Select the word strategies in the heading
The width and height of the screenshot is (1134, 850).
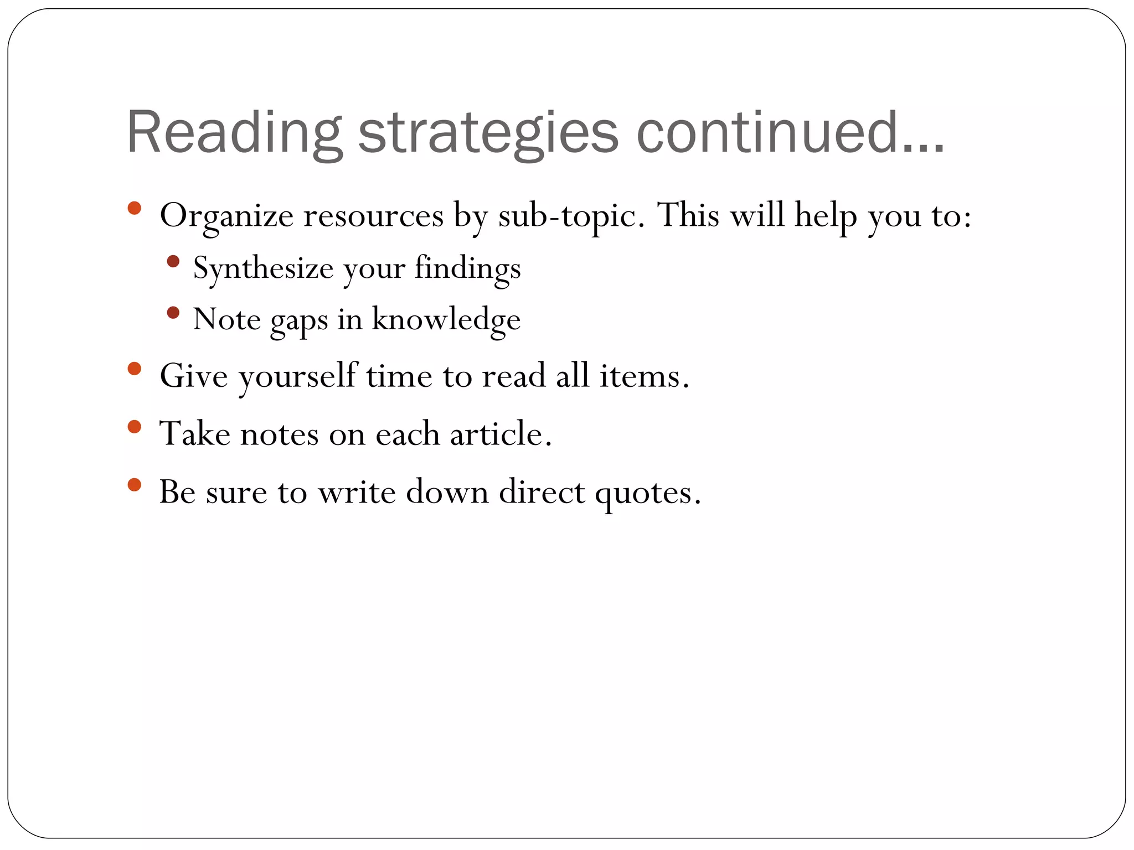488,133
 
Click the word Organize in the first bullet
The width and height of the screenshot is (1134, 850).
226,216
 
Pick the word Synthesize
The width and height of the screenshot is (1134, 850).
263,268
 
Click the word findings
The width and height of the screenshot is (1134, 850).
467,268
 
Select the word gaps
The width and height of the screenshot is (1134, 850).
299,320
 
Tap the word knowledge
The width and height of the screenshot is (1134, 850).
446,319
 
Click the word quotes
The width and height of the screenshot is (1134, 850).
648,492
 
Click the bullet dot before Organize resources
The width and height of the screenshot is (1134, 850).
134,208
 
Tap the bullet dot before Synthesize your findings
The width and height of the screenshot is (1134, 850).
173,261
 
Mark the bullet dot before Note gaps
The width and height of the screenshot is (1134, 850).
173,313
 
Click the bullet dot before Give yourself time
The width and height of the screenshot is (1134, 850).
134,369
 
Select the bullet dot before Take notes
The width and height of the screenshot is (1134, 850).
134,426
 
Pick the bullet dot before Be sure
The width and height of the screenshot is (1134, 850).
134,485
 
